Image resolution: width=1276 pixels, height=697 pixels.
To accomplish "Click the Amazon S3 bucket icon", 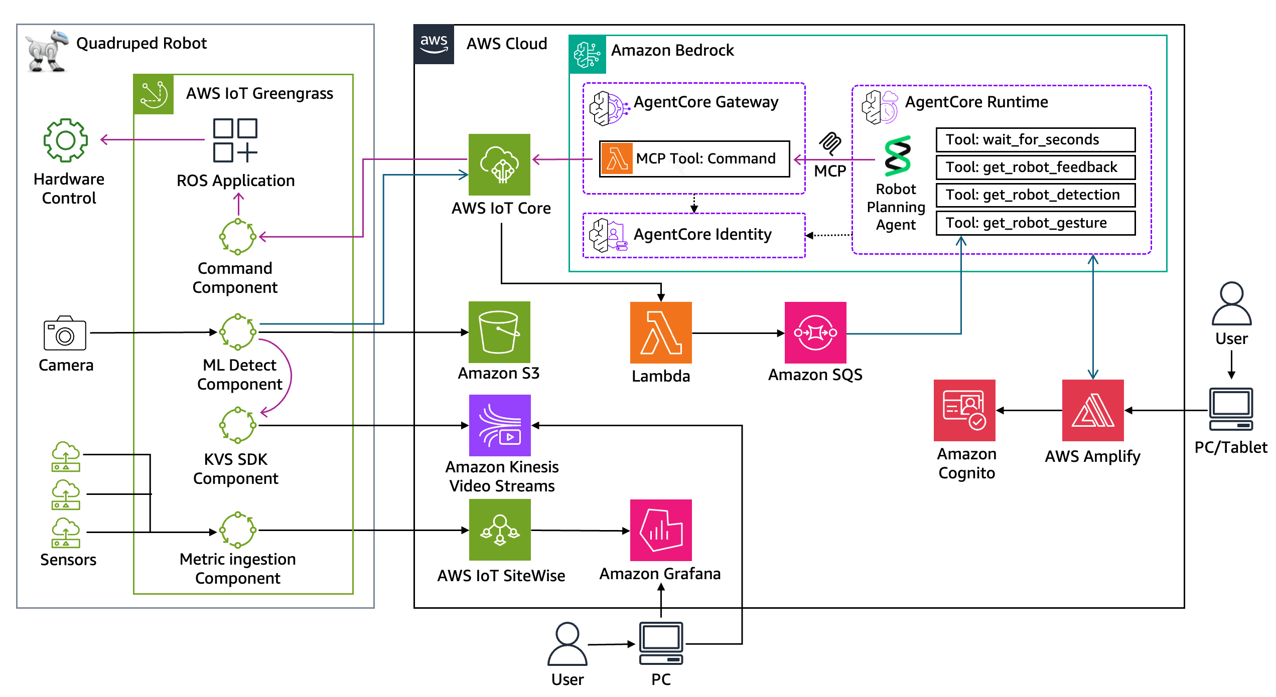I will [x=499, y=331].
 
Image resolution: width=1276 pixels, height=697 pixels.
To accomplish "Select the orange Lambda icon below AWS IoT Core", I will [x=660, y=332].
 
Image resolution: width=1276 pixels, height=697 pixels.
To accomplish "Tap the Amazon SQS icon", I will [x=815, y=332].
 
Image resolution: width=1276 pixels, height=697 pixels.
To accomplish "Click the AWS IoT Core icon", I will [x=499, y=164].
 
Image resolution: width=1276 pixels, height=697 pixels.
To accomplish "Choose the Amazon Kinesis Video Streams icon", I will [x=499, y=425].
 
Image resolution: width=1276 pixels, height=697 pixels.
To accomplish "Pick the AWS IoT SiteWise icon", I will [x=499, y=530].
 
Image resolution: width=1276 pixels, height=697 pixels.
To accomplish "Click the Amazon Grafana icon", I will [x=660, y=530].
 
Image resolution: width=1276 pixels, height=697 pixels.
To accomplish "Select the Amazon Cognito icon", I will [x=964, y=410].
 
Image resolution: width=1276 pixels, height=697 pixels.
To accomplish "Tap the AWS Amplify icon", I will [x=1092, y=410].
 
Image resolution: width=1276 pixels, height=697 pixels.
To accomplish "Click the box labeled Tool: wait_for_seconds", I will [x=1035, y=139].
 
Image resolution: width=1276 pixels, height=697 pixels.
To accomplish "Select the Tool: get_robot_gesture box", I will [x=1035, y=223].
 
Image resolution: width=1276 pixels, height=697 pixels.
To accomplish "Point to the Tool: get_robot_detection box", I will [x=1035, y=195].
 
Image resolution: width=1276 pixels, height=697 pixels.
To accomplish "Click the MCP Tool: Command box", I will [x=694, y=158].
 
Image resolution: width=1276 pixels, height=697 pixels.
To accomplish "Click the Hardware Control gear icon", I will [x=66, y=140].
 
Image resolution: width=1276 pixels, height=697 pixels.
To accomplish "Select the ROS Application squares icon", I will [x=235, y=140].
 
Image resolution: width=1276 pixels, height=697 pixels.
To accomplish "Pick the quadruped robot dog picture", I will [x=46, y=51].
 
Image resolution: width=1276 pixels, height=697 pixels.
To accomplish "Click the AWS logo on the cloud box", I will [x=434, y=44].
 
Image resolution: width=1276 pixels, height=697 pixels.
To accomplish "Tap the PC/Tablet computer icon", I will [x=1230, y=409].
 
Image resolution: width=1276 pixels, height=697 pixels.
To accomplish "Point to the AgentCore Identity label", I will [x=702, y=234].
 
